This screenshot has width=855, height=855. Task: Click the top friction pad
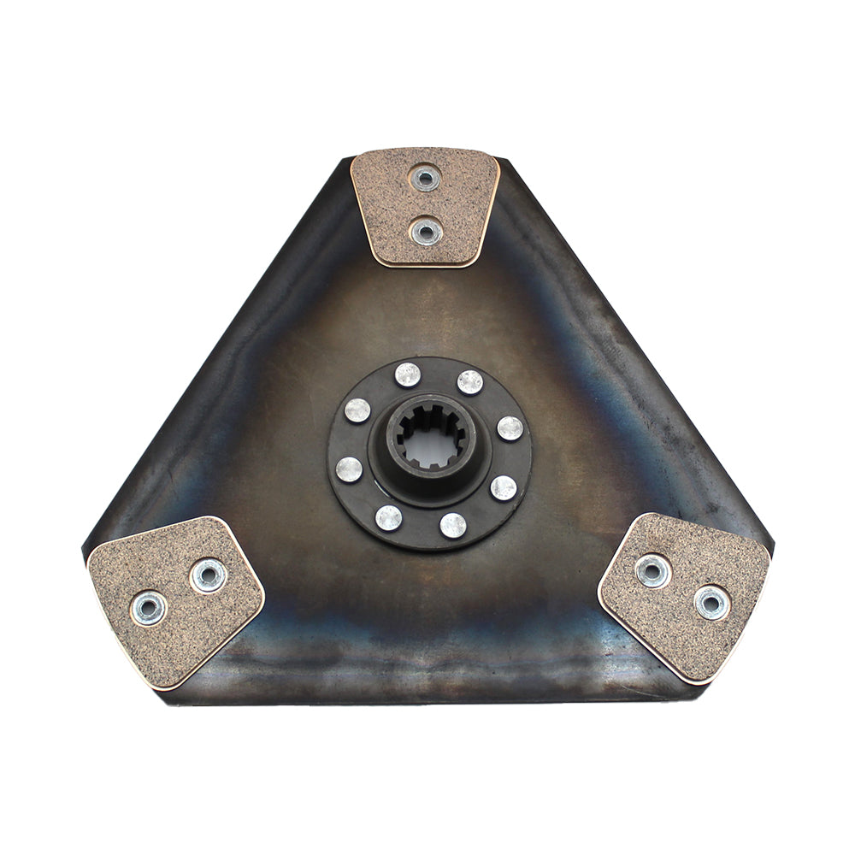tap(425, 207)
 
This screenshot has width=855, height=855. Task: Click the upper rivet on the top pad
tap(424, 179)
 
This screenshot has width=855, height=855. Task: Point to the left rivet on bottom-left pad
tap(149, 608)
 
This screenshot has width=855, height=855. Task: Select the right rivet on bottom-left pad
tap(208, 575)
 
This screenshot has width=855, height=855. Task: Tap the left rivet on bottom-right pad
tap(653, 570)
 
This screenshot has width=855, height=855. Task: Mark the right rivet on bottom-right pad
tap(711, 603)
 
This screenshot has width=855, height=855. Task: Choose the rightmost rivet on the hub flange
tap(510, 427)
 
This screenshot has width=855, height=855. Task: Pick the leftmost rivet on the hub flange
tap(349, 469)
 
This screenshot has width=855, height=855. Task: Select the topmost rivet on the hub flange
tap(408, 374)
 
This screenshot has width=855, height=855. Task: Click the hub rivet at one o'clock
tap(469, 381)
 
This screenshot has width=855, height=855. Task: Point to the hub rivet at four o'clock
tap(504, 488)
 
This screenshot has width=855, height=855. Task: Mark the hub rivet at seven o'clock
tap(389, 517)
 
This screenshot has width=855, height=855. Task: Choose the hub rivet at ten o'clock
tap(357, 410)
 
